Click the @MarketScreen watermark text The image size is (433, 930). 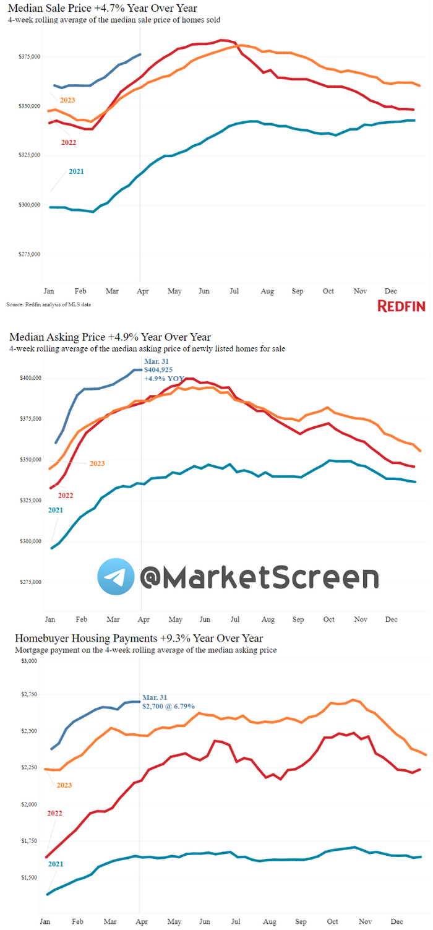tap(259, 577)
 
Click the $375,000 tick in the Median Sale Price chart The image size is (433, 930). tap(30, 57)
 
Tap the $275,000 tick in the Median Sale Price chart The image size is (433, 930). tap(30, 254)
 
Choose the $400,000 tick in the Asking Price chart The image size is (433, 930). tap(30, 377)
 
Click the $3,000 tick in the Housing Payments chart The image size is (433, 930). tap(30, 661)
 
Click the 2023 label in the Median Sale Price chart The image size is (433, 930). tap(68, 100)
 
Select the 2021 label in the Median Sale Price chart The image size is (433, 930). tap(77, 171)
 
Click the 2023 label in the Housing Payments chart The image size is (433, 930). tap(64, 785)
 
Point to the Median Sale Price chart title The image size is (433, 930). tap(102, 8)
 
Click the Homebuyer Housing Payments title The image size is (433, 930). tap(139, 638)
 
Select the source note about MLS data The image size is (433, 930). tap(53, 304)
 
